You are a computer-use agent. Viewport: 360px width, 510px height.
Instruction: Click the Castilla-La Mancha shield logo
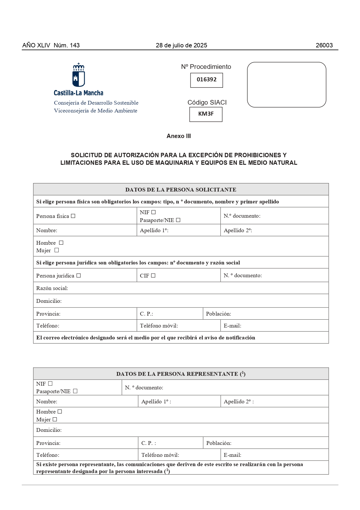[x=78, y=75]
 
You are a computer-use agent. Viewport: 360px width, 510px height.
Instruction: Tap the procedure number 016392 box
[x=206, y=80]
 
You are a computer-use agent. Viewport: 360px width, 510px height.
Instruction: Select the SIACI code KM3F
[x=206, y=114]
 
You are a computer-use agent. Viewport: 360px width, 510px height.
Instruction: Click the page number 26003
[x=324, y=45]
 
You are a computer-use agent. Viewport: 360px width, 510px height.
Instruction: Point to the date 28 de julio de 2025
[x=181, y=45]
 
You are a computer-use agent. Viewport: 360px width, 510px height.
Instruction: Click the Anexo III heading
[x=179, y=136]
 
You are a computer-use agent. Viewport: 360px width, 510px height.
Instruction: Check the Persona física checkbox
[x=73, y=216]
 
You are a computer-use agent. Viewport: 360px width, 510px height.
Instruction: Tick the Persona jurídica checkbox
[x=79, y=275]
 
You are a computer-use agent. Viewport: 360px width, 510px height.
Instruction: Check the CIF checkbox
[x=153, y=275]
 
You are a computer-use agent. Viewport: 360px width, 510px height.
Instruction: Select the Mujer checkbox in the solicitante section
[x=57, y=250]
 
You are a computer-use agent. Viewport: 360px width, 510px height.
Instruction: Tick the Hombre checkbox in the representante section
[x=60, y=411]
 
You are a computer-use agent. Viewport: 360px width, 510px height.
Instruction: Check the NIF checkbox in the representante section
[x=50, y=384]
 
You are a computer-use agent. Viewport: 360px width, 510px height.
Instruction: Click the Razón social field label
[x=52, y=288]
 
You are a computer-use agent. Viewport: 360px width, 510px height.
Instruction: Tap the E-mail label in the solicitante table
[x=232, y=326]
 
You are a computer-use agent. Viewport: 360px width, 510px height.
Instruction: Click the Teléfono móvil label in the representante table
[x=160, y=455]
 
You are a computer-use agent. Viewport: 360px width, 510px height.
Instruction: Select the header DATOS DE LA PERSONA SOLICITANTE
[x=181, y=190]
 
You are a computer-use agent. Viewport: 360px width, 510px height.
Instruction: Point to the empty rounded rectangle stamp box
[x=287, y=85]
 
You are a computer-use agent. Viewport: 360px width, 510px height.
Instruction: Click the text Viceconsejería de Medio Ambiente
[x=96, y=111]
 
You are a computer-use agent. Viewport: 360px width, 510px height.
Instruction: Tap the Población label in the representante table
[x=219, y=443]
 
